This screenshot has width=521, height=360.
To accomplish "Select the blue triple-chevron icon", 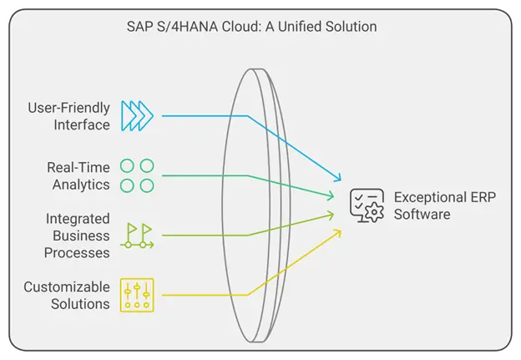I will point(136,116).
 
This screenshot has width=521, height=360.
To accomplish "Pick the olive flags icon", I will point(136,235).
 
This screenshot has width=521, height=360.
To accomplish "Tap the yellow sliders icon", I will point(136,295).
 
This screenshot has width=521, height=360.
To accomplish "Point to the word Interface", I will point(82,124).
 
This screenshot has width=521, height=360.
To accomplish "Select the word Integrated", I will point(78,219).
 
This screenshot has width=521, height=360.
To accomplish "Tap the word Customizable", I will point(66,287).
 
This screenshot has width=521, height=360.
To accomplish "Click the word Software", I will point(422,214).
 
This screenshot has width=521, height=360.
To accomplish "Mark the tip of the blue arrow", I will point(341,180).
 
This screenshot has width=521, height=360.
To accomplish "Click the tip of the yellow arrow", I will point(341,229).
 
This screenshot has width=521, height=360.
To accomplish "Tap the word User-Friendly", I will point(68,109).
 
